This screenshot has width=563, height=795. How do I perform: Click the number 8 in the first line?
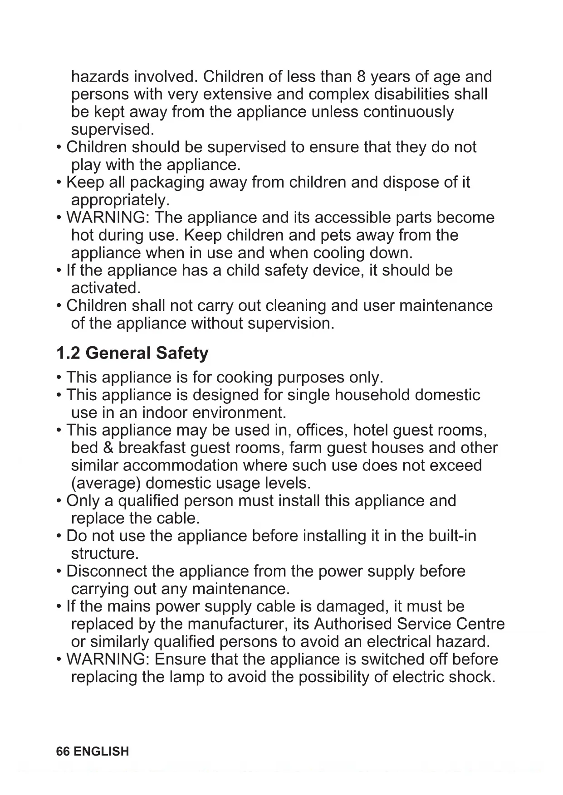coord(361,77)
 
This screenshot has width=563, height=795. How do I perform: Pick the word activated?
coord(106,288)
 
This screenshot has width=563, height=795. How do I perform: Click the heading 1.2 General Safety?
coord(132,353)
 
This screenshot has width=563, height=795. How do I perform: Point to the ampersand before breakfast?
coord(108,448)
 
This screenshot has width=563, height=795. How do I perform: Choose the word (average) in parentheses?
coord(106,483)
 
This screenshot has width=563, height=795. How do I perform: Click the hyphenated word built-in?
coord(452,536)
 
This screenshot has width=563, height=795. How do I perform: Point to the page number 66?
coord(63,751)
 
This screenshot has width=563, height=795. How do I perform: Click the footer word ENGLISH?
coord(101,751)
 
